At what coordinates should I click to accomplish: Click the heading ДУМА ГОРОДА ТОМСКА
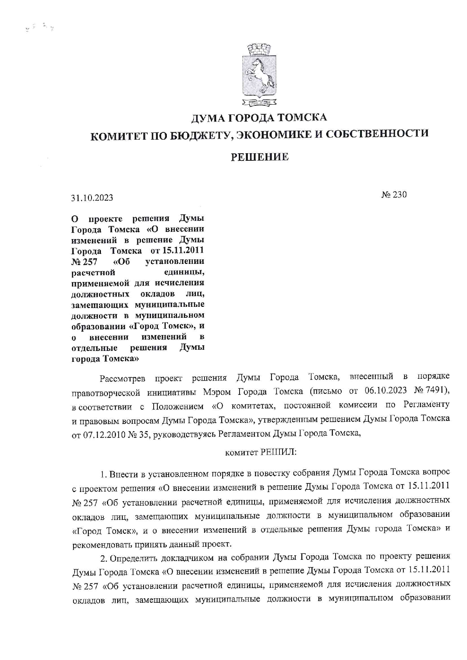(259, 118)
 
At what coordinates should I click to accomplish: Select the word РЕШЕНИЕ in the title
(259, 157)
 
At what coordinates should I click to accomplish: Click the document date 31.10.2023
(92, 198)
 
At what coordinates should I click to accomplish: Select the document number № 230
(394, 195)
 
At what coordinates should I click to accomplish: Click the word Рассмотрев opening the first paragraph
(122, 378)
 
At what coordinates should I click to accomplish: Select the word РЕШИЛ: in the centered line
(278, 453)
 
